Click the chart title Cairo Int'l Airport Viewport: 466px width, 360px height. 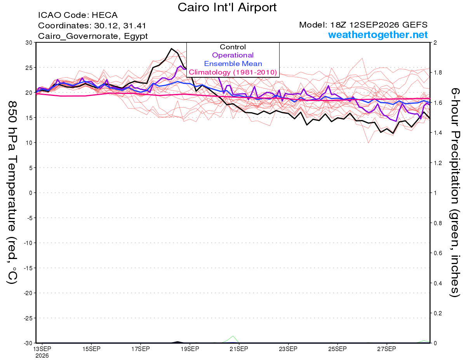click(227, 7)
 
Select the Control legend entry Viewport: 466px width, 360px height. click(233, 47)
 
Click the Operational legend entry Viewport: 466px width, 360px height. click(233, 55)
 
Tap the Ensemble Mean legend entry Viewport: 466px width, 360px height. click(233, 64)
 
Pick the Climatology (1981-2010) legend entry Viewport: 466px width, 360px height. click(233, 72)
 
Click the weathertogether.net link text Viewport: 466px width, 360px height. click(378, 35)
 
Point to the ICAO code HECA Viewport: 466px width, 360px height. click(104, 15)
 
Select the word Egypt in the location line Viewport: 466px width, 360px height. click(136, 36)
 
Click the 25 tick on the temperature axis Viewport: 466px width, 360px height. click(29, 68)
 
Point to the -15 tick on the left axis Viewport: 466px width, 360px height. click(28, 268)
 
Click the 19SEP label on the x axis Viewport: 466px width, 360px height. click(190, 349)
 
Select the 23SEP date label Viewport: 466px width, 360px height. click(288, 349)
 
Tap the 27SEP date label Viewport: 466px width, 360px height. click(386, 349)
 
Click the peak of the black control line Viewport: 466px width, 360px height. click(171, 49)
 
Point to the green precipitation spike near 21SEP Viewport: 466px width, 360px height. click(233, 336)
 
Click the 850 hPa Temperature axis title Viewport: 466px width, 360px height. click(12, 193)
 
